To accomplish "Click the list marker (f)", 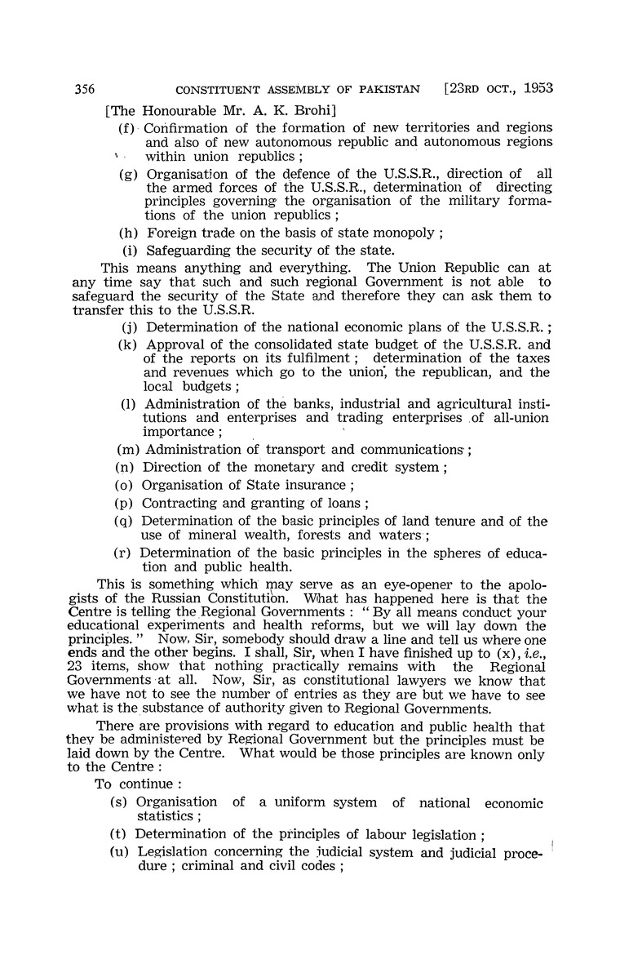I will pos(128,128).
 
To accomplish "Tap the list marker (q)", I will pos(127,523).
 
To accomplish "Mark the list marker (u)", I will pos(120,853).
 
